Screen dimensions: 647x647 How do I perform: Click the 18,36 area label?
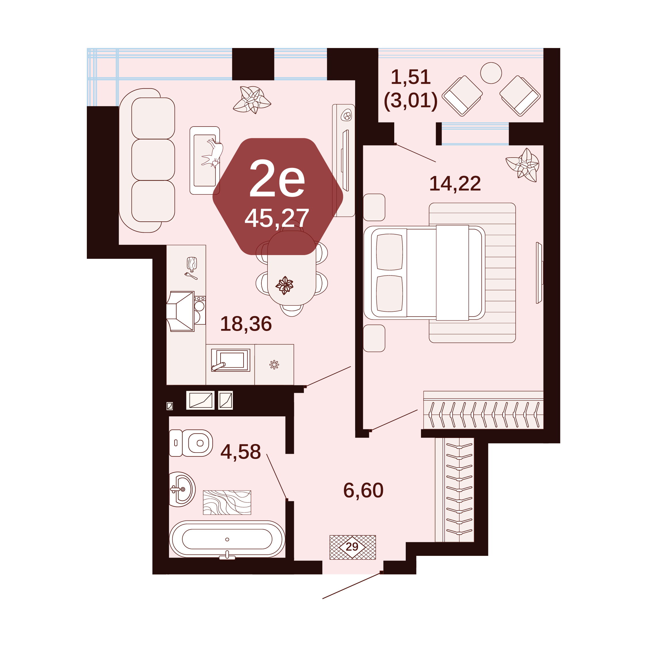click(246, 324)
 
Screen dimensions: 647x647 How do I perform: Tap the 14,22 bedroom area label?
click(455, 184)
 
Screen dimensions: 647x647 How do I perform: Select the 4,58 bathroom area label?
click(240, 451)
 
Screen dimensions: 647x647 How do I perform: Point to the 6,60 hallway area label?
click(363, 490)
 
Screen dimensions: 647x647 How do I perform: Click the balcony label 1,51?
click(411, 77)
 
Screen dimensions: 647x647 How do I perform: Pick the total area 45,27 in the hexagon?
click(277, 218)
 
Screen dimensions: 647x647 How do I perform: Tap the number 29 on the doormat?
click(352, 547)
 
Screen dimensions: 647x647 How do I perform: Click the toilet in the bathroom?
click(191, 443)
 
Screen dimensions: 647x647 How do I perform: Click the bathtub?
click(227, 539)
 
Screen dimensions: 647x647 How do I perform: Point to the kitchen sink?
click(230, 360)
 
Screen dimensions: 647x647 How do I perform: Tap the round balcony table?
click(491, 73)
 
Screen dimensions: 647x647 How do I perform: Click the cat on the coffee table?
click(213, 153)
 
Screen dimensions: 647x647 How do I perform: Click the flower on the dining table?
click(284, 285)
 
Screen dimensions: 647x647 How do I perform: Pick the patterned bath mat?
click(227, 503)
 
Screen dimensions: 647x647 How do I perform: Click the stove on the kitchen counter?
click(200, 310)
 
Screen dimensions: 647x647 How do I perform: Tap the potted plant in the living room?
click(252, 100)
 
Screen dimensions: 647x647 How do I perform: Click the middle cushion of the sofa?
click(153, 160)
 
